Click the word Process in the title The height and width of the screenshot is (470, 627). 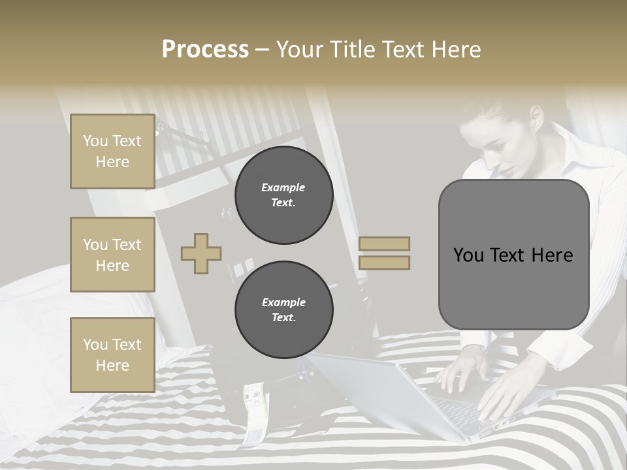pyautogui.click(x=205, y=50)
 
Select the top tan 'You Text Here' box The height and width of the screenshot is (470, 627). pyautogui.click(x=112, y=151)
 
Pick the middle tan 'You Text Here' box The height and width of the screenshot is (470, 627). pyautogui.click(x=112, y=255)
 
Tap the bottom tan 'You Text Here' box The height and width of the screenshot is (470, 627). pyautogui.click(x=112, y=354)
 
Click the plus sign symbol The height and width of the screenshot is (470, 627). pyautogui.click(x=201, y=253)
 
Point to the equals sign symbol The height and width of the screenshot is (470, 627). pyautogui.click(x=385, y=253)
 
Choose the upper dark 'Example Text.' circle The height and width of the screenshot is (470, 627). pyautogui.click(x=283, y=195)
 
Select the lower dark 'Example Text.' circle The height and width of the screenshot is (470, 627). pyautogui.click(x=283, y=309)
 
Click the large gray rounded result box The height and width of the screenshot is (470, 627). pyautogui.click(x=513, y=255)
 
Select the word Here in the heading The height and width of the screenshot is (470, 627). pyautogui.click(x=457, y=50)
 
